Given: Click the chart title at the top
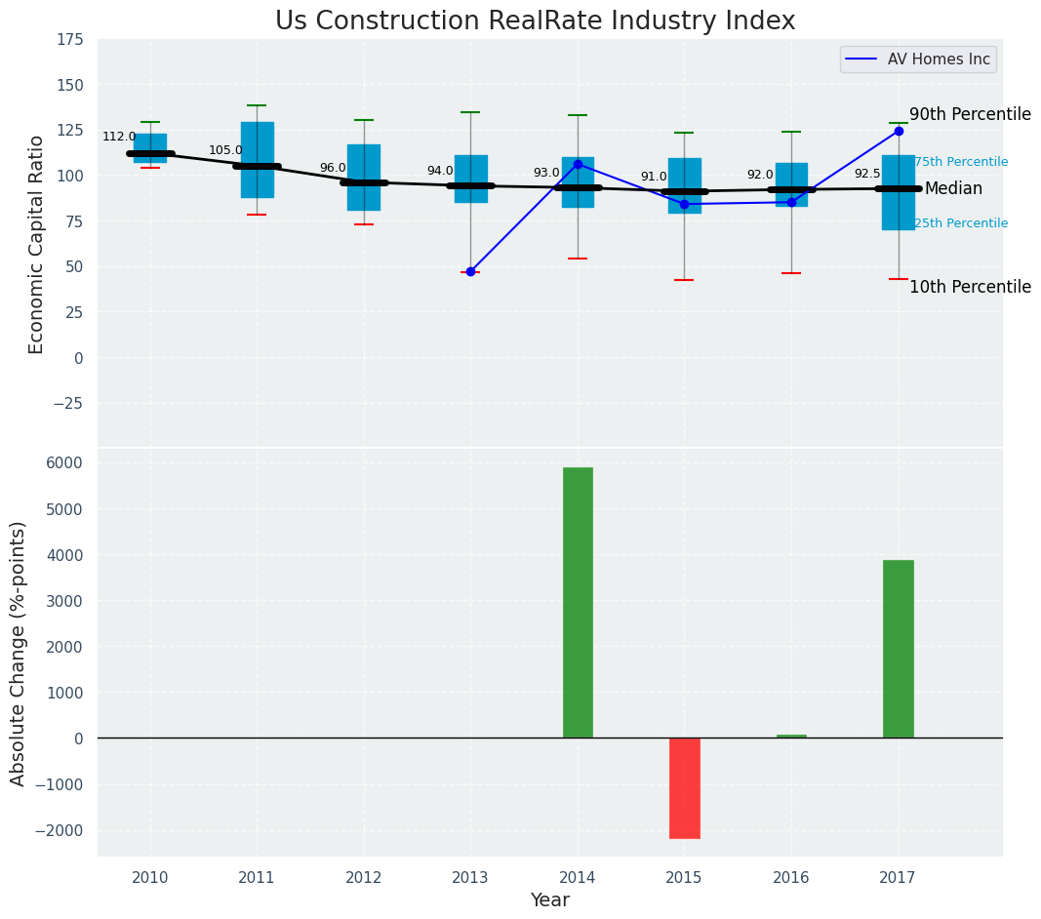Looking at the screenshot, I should [535, 21].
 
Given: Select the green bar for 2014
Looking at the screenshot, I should [578, 602].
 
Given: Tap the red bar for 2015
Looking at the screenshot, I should [684, 787].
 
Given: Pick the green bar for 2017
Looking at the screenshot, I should [898, 649].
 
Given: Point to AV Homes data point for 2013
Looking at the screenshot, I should [470, 271].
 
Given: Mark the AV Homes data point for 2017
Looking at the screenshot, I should [899, 131].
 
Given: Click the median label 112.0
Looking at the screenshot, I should [119, 138].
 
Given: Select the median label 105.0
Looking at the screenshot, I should [225, 151].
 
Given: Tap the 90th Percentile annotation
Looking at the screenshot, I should [970, 114].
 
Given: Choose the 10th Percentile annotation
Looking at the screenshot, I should [970, 287].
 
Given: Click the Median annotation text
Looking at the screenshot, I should [953, 189].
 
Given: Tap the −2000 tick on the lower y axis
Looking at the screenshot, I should [60, 830].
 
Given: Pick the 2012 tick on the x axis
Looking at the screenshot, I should [364, 878].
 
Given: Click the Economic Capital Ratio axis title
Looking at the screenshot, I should [37, 244].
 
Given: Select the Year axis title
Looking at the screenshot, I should [549, 900].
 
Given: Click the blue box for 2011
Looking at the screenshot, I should [257, 160].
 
